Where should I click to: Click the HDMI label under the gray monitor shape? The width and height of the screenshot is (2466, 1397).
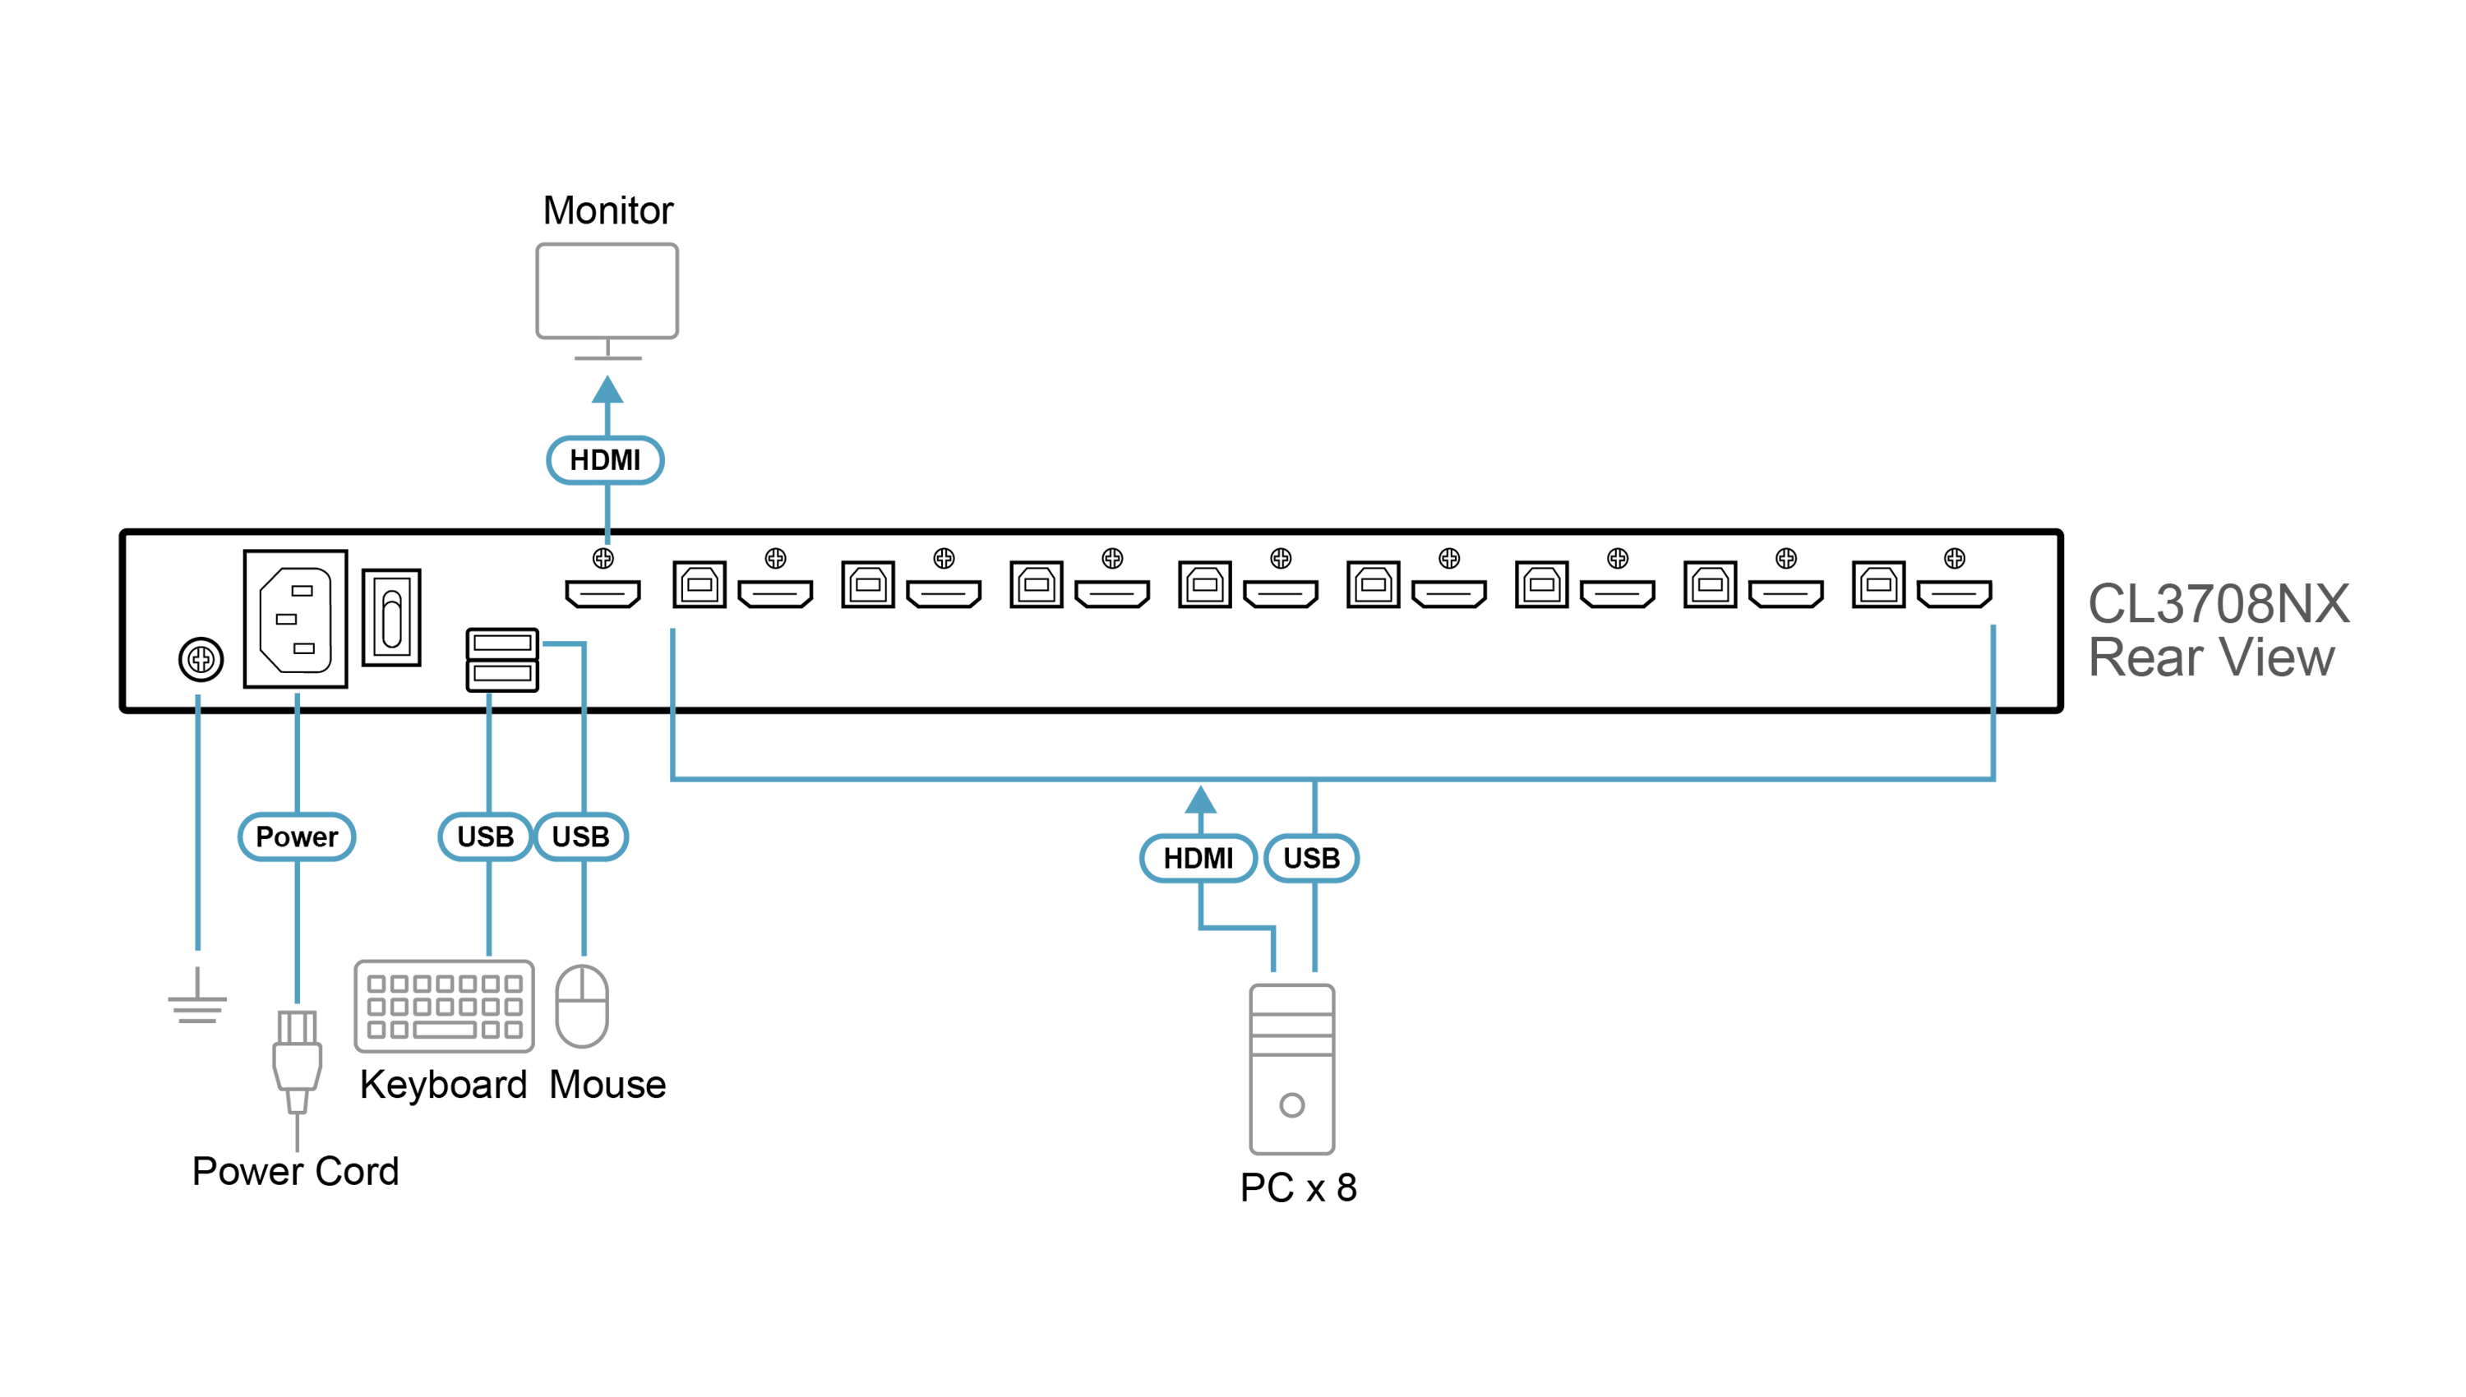[604, 460]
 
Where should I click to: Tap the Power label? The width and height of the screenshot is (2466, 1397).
[297, 837]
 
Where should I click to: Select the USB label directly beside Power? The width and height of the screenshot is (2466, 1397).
[486, 837]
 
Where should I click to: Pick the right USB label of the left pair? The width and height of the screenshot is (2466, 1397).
[580, 837]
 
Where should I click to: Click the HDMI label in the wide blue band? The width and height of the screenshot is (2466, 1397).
[1198, 858]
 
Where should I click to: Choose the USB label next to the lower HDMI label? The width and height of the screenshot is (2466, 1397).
[1311, 858]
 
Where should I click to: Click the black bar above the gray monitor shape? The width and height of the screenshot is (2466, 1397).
[607, 211]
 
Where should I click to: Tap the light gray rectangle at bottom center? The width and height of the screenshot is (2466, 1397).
[1291, 1065]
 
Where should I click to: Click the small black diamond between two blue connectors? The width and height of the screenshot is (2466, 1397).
[630, 710]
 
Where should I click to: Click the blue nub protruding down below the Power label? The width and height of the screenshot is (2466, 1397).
[297, 989]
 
